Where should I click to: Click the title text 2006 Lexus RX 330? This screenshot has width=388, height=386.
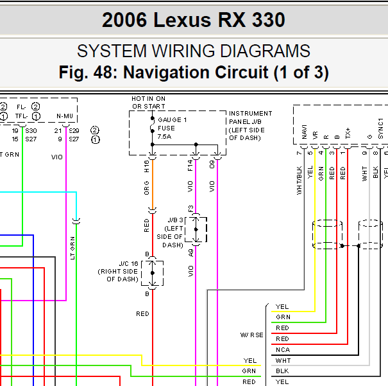point(193,20)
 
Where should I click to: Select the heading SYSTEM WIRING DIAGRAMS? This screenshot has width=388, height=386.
point(193,52)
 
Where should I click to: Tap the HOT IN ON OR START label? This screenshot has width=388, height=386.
point(148,103)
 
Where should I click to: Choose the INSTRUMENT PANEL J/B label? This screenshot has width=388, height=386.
point(250,121)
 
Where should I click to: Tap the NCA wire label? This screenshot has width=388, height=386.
point(282,350)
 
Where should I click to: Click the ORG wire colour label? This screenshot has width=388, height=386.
point(147,188)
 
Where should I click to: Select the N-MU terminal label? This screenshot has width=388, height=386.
point(65,116)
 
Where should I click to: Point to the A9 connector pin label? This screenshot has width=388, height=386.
point(190,252)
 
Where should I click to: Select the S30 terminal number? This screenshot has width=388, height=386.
point(31,130)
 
